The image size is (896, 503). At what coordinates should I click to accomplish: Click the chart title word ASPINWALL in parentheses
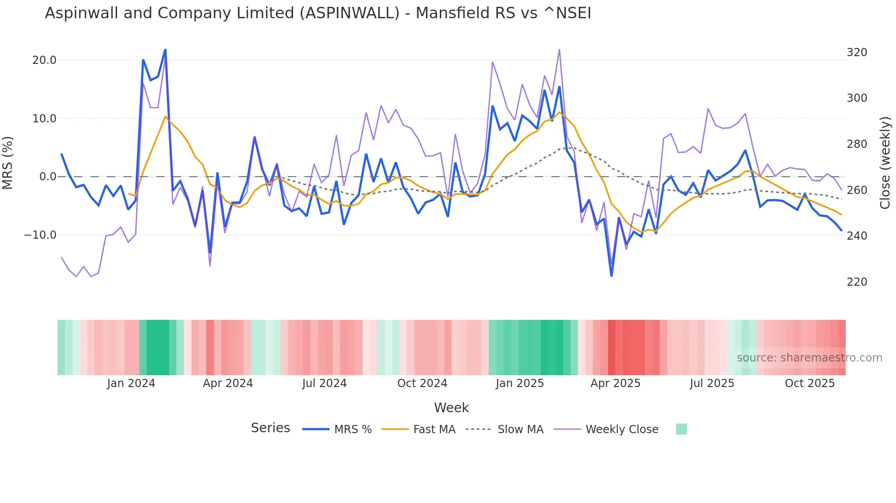pos(350,13)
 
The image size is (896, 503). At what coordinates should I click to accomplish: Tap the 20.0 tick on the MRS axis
pos(44,60)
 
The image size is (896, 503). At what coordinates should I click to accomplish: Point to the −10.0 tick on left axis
pos(40,235)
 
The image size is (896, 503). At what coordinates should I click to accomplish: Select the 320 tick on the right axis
pos(857,52)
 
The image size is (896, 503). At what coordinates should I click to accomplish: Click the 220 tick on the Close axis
pos(857,282)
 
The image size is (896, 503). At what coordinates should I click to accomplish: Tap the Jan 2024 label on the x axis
pos(131,383)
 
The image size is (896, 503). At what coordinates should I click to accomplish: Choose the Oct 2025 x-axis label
pos(810,383)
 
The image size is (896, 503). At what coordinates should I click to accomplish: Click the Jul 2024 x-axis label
pos(324,383)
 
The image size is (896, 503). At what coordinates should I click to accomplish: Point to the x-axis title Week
pos(451,408)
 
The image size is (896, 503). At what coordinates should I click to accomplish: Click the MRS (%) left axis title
pos(8,163)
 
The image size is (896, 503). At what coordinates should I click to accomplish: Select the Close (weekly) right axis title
pos(885,163)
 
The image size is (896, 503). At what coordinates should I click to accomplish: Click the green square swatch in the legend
pos(681,429)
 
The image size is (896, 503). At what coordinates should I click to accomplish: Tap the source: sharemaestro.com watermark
pos(809,358)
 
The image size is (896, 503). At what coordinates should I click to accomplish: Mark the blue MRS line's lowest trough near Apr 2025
pos(611,276)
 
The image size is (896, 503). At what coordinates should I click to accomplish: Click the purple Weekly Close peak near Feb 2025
pos(559,50)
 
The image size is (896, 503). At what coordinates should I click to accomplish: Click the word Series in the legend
pos(270,428)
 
